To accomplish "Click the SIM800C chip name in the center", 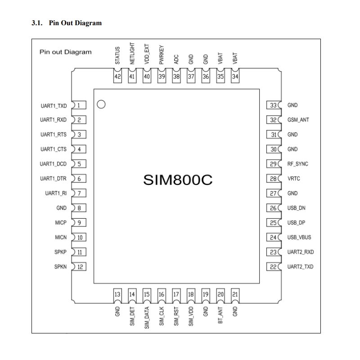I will tap(177, 180).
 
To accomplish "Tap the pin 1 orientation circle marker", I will tap(101, 105).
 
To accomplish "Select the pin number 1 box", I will tap(80, 105).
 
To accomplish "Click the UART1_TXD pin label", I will tap(54, 106).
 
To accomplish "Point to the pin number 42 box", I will tap(118, 77).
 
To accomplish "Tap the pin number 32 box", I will tap(273, 120).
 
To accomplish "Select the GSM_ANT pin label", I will tap(298, 120).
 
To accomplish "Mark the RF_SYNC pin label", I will tap(298, 164).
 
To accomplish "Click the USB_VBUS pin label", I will tap(299, 238).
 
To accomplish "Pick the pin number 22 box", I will tap(273, 267).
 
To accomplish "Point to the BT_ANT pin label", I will tap(220, 316).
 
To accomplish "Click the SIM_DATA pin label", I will tap(147, 318).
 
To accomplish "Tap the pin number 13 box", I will tap(118, 295).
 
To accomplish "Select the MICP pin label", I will tap(61, 223).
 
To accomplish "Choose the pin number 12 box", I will tap(80, 267).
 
